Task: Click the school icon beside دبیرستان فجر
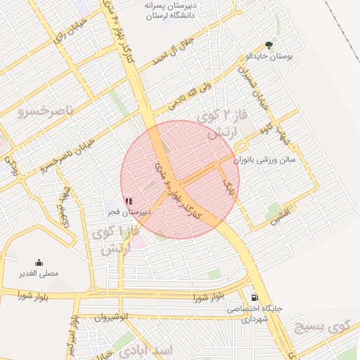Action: pos(128,201)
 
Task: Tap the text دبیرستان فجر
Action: pos(128,211)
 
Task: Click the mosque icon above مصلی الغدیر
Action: pos(39,262)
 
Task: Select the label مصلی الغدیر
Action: pos(39,273)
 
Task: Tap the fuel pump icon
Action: pos(254,297)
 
